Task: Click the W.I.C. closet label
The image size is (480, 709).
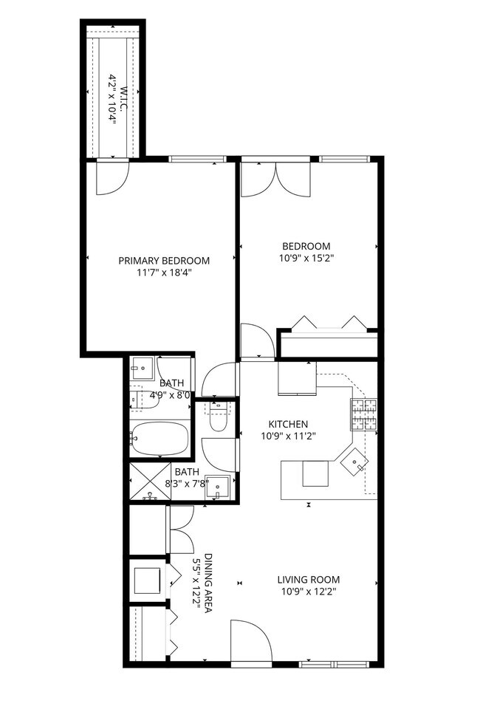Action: (125, 98)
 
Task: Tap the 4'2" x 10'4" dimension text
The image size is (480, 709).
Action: (113, 98)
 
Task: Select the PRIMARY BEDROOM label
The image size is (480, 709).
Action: (164, 261)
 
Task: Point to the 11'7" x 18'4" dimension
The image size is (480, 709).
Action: (164, 273)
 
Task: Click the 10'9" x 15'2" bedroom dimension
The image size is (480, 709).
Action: (306, 258)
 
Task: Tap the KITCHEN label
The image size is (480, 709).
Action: (287, 424)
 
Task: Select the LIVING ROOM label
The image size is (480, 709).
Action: (309, 580)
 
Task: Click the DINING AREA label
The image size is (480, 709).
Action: (209, 583)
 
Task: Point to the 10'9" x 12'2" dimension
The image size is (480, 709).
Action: (309, 591)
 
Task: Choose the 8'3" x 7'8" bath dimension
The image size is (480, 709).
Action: (187, 484)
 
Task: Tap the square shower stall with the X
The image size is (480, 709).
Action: (151, 482)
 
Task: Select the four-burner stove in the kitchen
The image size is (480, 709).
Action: (363, 414)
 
